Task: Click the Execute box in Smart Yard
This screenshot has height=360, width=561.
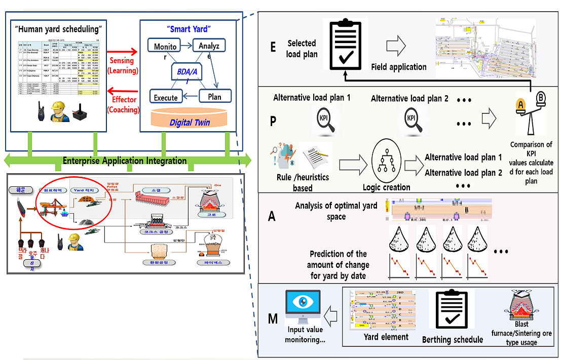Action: (x=166, y=97)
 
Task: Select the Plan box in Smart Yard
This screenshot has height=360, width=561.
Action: (x=214, y=96)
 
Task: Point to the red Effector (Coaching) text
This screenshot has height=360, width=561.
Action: (x=123, y=105)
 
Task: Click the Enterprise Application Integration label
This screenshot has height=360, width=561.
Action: (x=125, y=161)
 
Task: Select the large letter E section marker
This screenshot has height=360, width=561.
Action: (x=274, y=47)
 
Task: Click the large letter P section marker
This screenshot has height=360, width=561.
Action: (x=274, y=122)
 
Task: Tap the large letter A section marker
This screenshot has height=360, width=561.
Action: (x=272, y=216)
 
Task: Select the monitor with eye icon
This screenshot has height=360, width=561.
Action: (x=303, y=308)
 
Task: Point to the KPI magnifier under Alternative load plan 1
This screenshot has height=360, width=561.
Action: (x=324, y=121)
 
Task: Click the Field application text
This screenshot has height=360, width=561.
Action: (x=399, y=67)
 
